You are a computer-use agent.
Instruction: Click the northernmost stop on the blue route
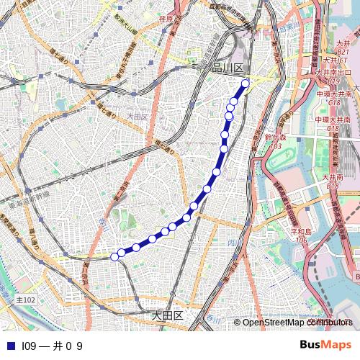point(246,84)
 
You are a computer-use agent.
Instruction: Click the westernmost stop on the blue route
point(114,256)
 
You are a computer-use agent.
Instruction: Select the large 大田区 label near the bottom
point(168,315)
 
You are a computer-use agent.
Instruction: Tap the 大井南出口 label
point(333,73)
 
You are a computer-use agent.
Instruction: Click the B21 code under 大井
point(343,53)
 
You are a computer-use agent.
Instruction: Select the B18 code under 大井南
point(333,186)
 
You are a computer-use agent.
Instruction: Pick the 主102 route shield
point(24,299)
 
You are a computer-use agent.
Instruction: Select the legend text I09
point(29,346)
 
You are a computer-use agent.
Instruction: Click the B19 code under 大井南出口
point(334,81)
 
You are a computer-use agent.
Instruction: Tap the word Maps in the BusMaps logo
point(336,345)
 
